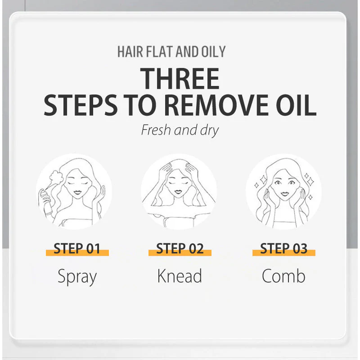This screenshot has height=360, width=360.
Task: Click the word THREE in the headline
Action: click(x=180, y=79)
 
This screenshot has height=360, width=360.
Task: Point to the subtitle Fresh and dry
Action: click(x=180, y=130)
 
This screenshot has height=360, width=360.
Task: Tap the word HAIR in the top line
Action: click(x=132, y=51)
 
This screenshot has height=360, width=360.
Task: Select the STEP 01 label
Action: click(x=77, y=248)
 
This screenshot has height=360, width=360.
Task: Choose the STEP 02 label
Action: click(x=180, y=248)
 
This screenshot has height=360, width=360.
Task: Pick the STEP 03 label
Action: click(x=283, y=248)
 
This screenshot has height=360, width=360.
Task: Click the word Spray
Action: click(x=77, y=277)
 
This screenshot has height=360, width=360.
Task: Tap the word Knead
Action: click(x=180, y=276)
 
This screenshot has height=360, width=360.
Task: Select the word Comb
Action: click(x=283, y=276)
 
